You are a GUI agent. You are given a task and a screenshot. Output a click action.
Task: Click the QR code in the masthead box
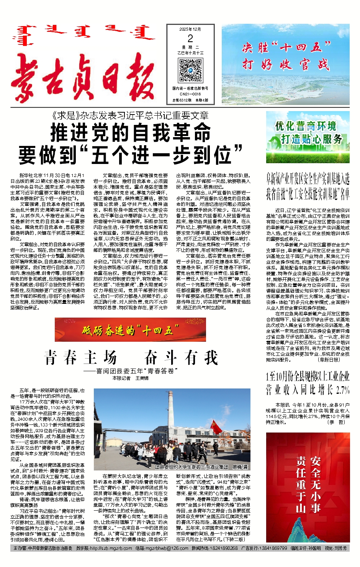tap(190, 71)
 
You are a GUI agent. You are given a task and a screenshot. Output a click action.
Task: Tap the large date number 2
tap(190, 39)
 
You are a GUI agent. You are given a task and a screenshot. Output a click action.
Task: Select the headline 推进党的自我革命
tap(131, 133)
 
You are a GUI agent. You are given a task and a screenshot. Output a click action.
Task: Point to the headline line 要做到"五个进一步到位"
tap(131, 155)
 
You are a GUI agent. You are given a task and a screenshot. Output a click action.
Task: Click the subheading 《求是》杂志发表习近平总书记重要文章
tap(130, 116)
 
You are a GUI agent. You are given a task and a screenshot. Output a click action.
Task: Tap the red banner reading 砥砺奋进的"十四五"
tap(131, 330)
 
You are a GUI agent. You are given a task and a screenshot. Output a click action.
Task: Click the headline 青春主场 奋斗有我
tap(131, 358)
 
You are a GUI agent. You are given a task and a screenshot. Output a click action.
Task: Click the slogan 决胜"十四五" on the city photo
tap(286, 47)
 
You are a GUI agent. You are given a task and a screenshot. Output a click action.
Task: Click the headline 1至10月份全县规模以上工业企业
tap(308, 376)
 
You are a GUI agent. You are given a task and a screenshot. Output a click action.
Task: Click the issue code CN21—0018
tap(190, 94)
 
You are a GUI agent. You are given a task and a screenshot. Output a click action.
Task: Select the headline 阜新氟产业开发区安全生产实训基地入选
tap(308, 179)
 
